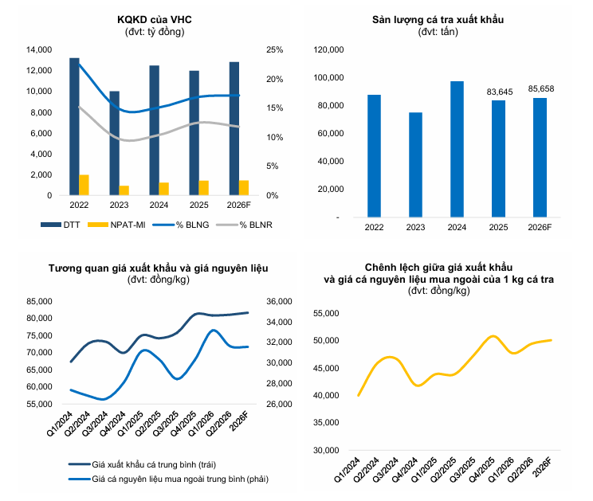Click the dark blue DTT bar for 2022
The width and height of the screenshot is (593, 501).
tap(74, 127)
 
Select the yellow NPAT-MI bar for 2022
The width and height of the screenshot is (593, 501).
tap(84, 185)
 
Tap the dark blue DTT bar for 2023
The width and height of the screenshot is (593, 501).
tap(114, 143)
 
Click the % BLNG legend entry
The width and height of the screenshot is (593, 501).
tap(181, 225)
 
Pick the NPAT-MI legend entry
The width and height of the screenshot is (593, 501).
tap(116, 225)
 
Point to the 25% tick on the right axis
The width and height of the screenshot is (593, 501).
tap(274, 50)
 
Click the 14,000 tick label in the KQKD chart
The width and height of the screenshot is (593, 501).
tap(39, 50)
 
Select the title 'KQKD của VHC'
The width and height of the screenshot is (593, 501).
tap(155, 20)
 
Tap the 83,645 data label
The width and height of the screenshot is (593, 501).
tap(500, 92)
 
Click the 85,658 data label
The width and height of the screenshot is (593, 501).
tap(541, 88)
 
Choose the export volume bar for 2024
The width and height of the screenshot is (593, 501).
tap(457, 149)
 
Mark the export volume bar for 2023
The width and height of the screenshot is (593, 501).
tap(415, 165)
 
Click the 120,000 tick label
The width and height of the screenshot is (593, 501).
tap(328, 50)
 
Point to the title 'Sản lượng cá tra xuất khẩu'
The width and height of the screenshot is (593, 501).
tap(438, 20)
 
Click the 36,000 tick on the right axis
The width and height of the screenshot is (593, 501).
tap(279, 302)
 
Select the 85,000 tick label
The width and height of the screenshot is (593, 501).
tap(39, 302)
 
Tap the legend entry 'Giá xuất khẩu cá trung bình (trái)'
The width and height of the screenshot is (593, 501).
tap(142, 464)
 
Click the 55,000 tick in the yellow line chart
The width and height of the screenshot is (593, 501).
tap(326, 313)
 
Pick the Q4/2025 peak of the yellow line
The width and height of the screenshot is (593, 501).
tap(493, 336)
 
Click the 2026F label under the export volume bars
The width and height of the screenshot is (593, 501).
tap(540, 228)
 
